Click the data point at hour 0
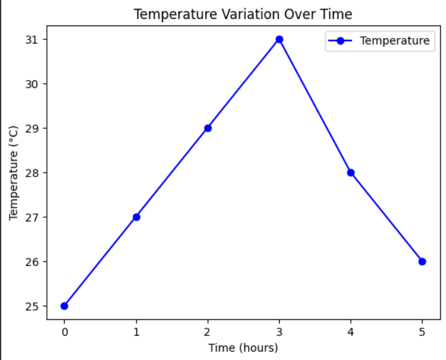[64, 306]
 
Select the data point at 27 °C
[136, 217]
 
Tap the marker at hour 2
[207, 128]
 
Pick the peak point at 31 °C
[279, 39]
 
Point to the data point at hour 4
[351, 173]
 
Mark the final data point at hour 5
[422, 262]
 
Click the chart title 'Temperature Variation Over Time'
[243, 14]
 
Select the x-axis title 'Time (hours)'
[243, 347]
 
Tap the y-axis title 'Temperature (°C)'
[14, 173]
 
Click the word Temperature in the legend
[395, 41]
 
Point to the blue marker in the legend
[341, 41]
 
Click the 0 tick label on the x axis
[64, 331]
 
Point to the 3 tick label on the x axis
[279, 331]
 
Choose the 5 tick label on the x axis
[422, 331]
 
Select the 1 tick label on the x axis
[136, 331]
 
